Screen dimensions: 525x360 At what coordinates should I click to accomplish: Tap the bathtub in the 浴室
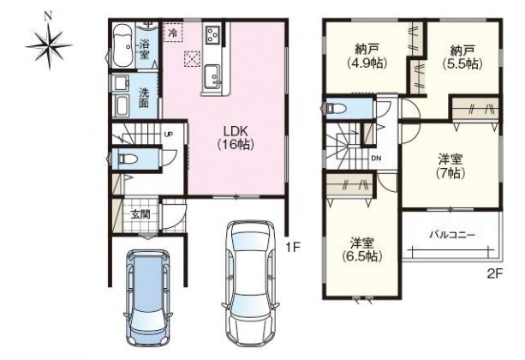tap(123, 45)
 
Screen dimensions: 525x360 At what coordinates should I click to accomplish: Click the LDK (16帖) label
tap(236, 137)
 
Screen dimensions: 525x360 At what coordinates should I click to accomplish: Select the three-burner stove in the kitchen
tap(212, 34)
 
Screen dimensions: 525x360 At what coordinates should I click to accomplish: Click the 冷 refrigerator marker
tap(173, 33)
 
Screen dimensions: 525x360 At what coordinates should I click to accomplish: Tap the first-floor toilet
tap(126, 159)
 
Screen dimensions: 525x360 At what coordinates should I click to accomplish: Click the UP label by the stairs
tap(169, 134)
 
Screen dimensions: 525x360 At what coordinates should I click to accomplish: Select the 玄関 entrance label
tap(140, 214)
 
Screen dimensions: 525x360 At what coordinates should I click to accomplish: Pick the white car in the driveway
tap(250, 284)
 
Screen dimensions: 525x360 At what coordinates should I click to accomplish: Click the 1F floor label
tap(293, 248)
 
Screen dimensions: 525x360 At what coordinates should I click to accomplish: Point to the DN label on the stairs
tap(376, 159)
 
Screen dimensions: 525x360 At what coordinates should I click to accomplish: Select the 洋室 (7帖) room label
tap(450, 166)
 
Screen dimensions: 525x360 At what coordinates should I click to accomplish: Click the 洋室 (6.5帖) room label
tap(362, 249)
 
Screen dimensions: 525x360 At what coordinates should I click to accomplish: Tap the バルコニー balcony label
tap(452, 235)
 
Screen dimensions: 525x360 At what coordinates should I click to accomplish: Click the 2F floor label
tap(495, 274)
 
